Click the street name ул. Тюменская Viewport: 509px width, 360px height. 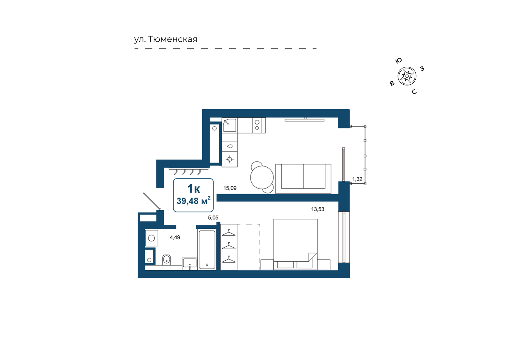click(165, 39)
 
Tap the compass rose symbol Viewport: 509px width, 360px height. click(407, 76)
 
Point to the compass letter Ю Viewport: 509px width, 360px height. click(398, 60)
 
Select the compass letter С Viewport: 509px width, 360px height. click(414, 92)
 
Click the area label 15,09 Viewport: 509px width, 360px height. click(230, 188)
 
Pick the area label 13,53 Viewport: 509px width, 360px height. click(318, 209)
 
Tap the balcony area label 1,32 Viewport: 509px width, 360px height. click(357, 179)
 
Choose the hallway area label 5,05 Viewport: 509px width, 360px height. click(213, 218)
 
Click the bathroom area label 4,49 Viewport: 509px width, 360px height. click(175, 237)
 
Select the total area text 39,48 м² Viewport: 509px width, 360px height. click(193, 201)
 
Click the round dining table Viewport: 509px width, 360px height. click(262, 177)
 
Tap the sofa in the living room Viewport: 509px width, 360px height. click(303, 178)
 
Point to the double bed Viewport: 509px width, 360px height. click(296, 244)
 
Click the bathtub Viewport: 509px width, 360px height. click(207, 249)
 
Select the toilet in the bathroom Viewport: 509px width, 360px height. click(166, 260)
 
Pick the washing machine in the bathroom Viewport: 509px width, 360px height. click(151, 238)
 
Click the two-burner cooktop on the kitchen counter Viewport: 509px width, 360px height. click(257, 125)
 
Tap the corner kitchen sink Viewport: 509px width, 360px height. click(229, 125)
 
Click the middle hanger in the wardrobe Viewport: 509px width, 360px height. click(228, 246)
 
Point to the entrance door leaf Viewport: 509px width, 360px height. click(152, 201)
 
